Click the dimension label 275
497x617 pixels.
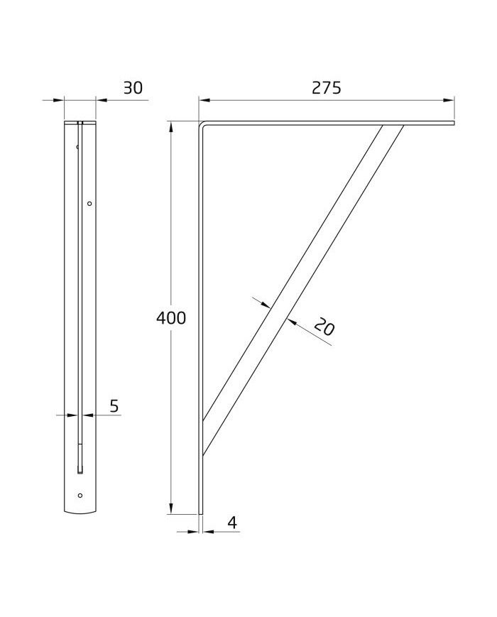326,88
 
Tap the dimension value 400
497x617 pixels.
171,318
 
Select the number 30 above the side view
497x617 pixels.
133,88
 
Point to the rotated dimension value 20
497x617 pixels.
324,327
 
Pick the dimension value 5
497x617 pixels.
114,405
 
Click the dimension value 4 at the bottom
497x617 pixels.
233,523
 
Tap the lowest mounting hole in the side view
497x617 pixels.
80,496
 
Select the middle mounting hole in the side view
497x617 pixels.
89,204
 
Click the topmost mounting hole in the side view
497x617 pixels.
77,147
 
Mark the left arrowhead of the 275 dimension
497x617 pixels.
204,100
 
